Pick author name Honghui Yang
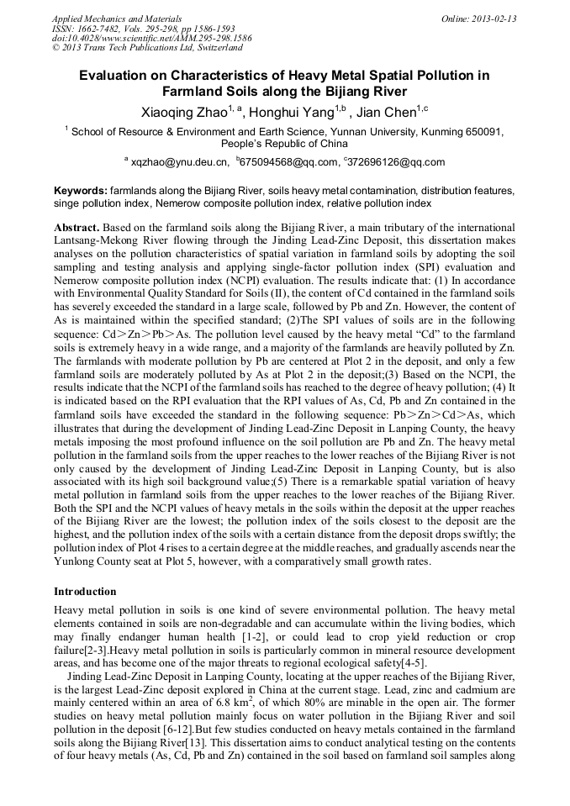coord(291,112)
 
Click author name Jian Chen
coord(383,112)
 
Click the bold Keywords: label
coord(81,191)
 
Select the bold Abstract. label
coord(77,228)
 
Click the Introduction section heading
coord(85,592)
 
